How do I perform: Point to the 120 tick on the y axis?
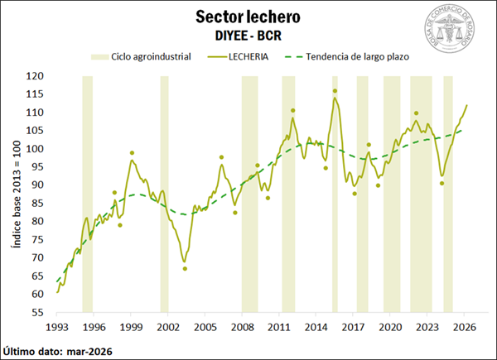tap(35, 76)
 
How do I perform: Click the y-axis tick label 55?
tap(38, 312)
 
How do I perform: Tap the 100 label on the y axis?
tap(35, 149)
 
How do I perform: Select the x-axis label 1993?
tap(56, 327)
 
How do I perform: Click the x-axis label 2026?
tap(465, 327)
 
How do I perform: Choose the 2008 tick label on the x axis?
tap(242, 327)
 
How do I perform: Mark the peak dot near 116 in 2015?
tap(335, 91)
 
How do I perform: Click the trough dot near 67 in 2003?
tap(185, 268)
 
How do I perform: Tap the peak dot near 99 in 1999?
tap(132, 153)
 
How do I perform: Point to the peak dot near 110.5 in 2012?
tap(292, 110)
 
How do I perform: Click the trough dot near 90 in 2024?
tap(442, 184)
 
